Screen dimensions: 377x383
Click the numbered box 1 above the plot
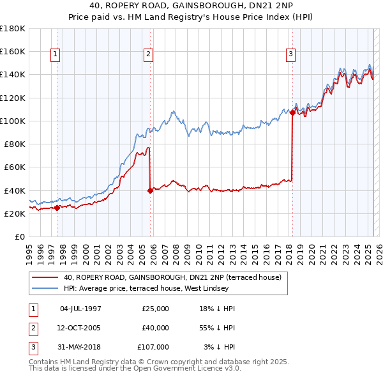56,55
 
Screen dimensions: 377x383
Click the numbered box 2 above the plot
147,55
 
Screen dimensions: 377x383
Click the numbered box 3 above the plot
290,55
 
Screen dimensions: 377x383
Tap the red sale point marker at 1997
57,207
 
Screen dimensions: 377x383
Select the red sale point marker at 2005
150,190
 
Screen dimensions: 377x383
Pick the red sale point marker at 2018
292,112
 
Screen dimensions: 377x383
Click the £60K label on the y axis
14,167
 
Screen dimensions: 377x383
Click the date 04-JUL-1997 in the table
80,309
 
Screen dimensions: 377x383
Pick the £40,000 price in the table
155,328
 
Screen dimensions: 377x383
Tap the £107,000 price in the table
153,347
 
